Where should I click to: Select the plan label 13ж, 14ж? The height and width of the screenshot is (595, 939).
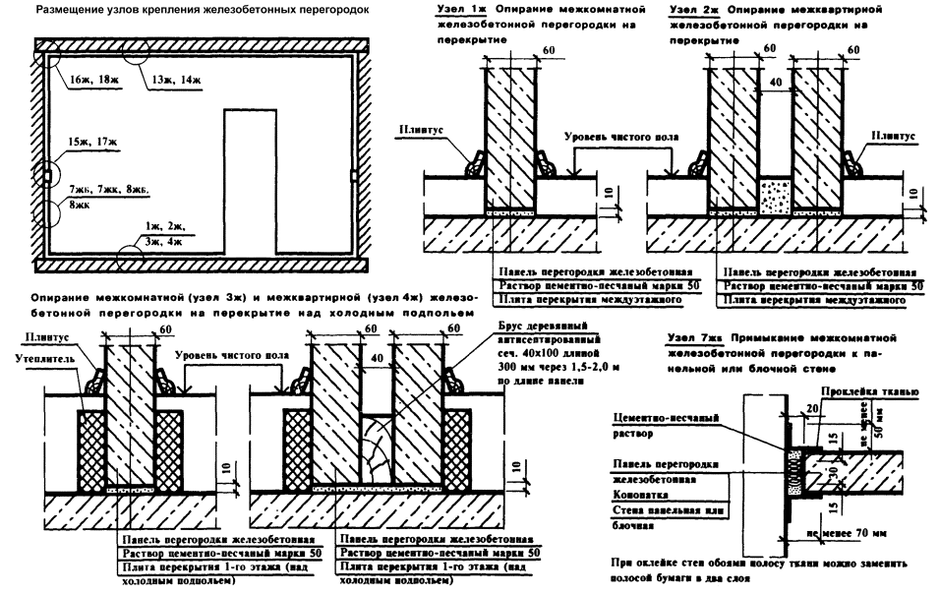pyautogui.click(x=174, y=79)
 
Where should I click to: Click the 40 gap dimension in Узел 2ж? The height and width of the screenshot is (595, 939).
pyautogui.click(x=778, y=84)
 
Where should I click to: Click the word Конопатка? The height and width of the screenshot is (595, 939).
pyautogui.click(x=639, y=496)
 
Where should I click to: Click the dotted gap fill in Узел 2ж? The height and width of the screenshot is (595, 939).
pyautogui.click(x=777, y=195)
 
